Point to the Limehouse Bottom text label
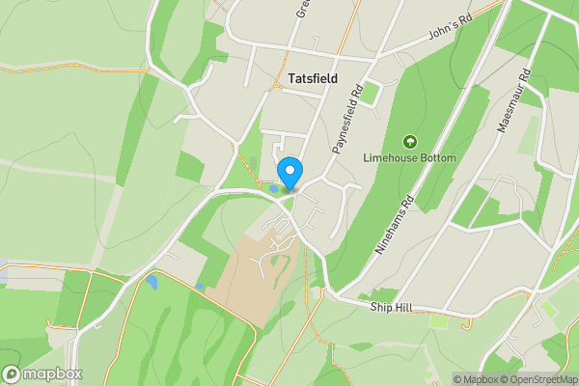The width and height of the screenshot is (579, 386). pyautogui.click(x=409, y=157)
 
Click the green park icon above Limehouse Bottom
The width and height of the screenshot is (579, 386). pyautogui.click(x=409, y=141)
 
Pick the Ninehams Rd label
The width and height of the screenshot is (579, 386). pyautogui.click(x=394, y=224)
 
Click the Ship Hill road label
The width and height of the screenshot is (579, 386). pyautogui.click(x=391, y=307)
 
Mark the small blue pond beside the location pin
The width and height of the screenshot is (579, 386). pyautogui.click(x=275, y=189)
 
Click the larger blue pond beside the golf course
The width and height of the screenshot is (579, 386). pyautogui.click(x=152, y=282)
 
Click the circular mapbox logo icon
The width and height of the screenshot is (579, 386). pyautogui.click(x=13, y=374)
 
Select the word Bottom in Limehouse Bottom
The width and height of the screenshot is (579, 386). pyautogui.click(x=438, y=157)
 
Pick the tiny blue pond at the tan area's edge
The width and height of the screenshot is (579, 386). pyautogui.click(x=199, y=287)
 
